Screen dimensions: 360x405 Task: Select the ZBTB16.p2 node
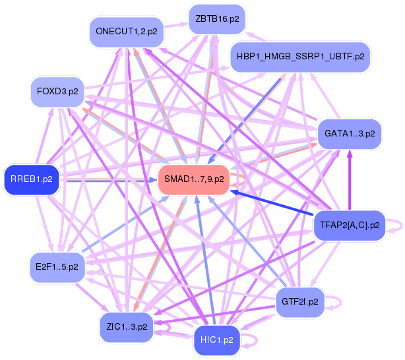216,18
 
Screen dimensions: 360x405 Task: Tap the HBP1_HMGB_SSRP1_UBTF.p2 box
299,57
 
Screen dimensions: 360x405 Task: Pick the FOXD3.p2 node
58,92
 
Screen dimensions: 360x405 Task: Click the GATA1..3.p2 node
349,133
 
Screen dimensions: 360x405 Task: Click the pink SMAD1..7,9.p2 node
194,179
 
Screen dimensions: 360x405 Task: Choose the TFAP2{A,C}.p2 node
349,225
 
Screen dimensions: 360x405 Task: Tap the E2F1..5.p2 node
57,267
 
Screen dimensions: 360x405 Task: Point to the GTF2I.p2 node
299,302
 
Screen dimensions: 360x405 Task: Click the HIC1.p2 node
216,340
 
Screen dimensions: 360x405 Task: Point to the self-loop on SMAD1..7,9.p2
241,179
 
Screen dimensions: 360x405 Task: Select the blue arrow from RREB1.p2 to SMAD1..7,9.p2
109,178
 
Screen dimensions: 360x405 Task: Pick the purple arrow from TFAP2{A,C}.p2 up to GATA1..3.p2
349,181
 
